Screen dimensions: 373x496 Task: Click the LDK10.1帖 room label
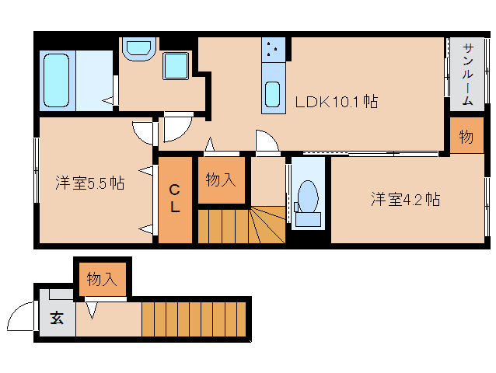click(x=336, y=102)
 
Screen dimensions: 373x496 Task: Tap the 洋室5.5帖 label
click(x=90, y=184)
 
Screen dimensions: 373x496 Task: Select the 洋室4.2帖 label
click(x=405, y=200)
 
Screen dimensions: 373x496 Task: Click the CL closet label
click(x=175, y=200)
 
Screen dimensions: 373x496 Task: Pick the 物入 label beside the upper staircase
click(x=221, y=180)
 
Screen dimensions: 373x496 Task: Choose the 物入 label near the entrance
click(x=102, y=278)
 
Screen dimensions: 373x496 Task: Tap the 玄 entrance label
click(x=57, y=318)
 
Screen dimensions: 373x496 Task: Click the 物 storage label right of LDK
click(x=466, y=138)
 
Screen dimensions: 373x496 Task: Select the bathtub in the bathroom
click(x=57, y=81)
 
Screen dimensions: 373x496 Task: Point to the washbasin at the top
click(x=140, y=48)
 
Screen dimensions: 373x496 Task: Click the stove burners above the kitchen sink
click(x=272, y=50)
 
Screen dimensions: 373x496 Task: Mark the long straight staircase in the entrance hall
click(x=194, y=319)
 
